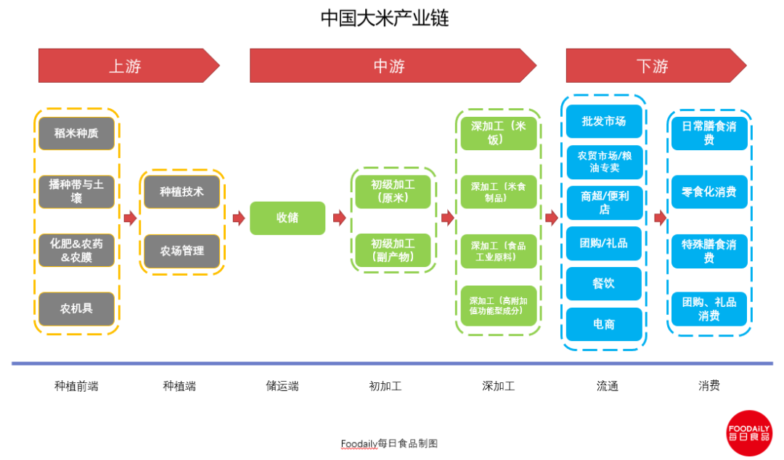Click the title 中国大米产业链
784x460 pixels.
[x=385, y=18]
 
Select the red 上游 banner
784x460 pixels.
[x=127, y=66]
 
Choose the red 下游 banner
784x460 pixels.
[x=653, y=66]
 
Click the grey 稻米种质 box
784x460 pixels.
[x=76, y=134]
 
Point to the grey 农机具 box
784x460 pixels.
[x=76, y=308]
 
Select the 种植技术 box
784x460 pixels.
[x=181, y=192]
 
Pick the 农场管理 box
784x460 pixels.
[x=181, y=251]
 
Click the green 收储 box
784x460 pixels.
[x=287, y=218]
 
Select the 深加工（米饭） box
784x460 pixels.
[x=498, y=133]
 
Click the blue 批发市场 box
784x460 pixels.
[x=603, y=121]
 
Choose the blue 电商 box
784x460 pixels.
[x=603, y=324]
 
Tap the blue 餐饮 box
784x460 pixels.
[x=603, y=284]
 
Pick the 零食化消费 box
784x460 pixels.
[x=709, y=192]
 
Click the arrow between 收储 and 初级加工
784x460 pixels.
[x=339, y=218]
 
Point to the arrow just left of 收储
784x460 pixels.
[x=238, y=218]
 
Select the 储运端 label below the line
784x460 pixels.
[x=282, y=386]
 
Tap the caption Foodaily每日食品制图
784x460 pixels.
[x=389, y=443]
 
